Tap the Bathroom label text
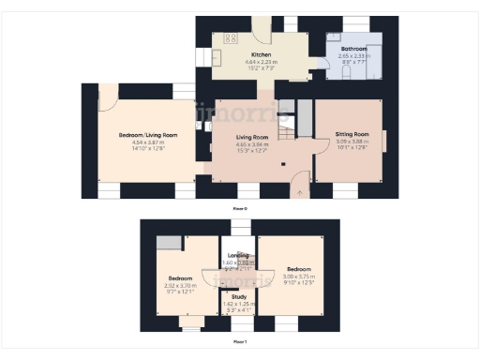tap(353, 48)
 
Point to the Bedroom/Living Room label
tap(148, 135)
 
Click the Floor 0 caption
tap(240, 208)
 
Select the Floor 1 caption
tap(240, 342)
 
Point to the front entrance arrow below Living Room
tap(299, 192)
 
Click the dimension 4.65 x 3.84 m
tap(252, 145)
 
